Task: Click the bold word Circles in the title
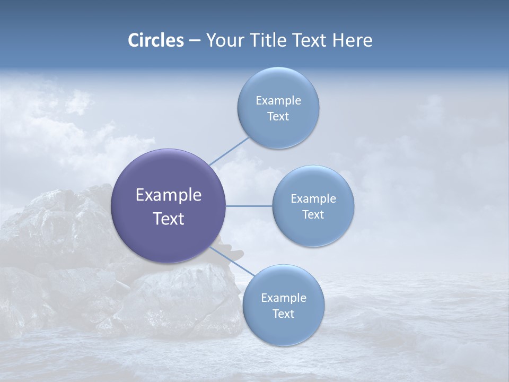pyautogui.click(x=156, y=40)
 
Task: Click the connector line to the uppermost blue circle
pyautogui.click(x=229, y=151)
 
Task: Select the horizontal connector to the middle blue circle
pyautogui.click(x=249, y=206)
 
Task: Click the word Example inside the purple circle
pyautogui.click(x=169, y=195)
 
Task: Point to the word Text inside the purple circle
pyautogui.click(x=169, y=219)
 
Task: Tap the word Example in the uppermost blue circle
pyautogui.click(x=278, y=101)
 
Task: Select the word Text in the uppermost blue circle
pyautogui.click(x=278, y=117)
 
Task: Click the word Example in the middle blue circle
pyautogui.click(x=313, y=199)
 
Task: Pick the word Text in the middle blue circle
pyautogui.click(x=313, y=215)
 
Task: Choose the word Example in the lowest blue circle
pyautogui.click(x=283, y=298)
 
